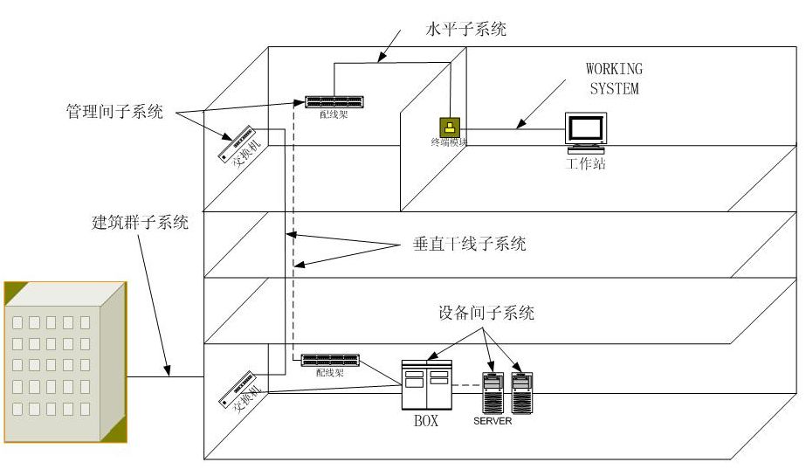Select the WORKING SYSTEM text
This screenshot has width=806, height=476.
click(x=614, y=79)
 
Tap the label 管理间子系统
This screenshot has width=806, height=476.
click(x=114, y=112)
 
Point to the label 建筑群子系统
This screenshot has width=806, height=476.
click(x=140, y=222)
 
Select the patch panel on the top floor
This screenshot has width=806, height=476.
click(x=335, y=100)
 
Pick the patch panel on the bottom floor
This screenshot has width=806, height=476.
click(x=330, y=359)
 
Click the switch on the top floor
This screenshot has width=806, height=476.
click(x=241, y=145)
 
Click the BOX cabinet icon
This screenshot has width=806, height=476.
click(x=426, y=384)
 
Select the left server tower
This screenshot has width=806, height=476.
click(x=494, y=392)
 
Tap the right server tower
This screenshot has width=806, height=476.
click(x=522, y=392)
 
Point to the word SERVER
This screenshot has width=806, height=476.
click(x=493, y=421)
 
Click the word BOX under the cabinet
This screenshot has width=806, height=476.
click(x=425, y=421)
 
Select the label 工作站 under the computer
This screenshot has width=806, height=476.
click(x=585, y=163)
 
